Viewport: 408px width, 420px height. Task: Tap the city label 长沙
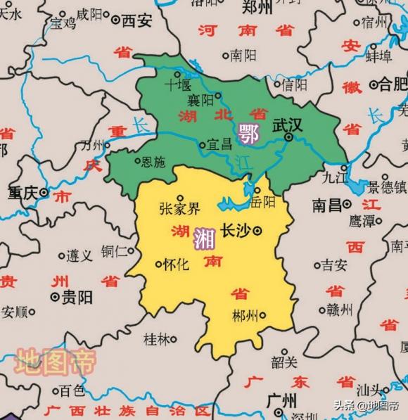(x=235, y=230)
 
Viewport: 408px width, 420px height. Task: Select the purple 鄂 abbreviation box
(x=248, y=134)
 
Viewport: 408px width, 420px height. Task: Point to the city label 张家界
(x=179, y=209)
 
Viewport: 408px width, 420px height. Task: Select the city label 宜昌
(x=219, y=144)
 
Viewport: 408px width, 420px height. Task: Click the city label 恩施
(x=153, y=162)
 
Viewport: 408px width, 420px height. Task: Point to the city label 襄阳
(x=200, y=100)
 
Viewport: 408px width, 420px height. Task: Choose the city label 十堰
(x=177, y=84)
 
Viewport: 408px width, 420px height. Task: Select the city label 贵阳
(x=76, y=297)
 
